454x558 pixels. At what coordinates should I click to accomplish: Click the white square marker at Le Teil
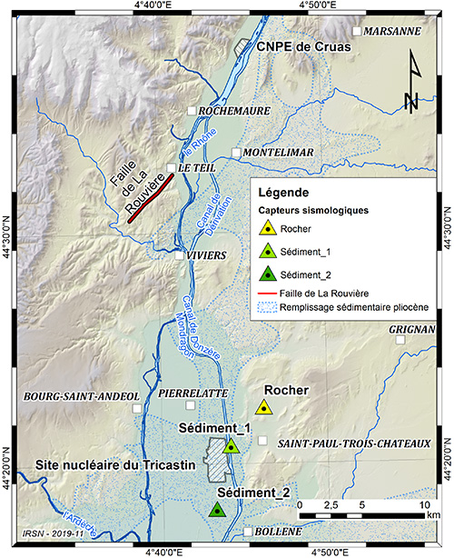[172, 167]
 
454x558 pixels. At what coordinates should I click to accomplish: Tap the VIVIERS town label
[206, 255]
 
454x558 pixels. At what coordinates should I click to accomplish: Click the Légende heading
[283, 193]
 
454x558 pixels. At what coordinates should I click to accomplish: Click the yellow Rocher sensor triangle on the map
[263, 408]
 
